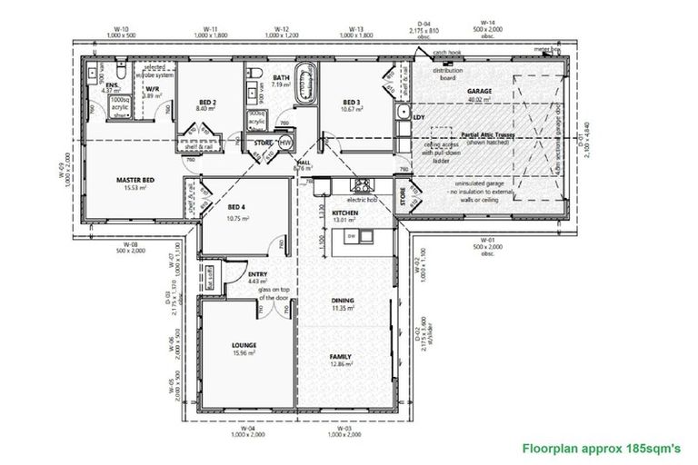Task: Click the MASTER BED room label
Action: (135, 181)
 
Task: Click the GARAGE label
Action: (479, 93)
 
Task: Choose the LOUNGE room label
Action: (244, 345)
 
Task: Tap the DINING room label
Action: (343, 301)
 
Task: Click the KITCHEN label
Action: (345, 213)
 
